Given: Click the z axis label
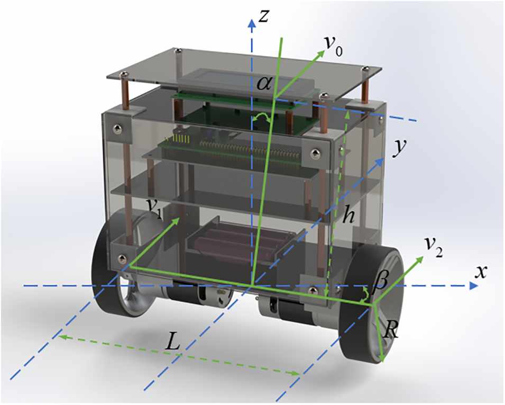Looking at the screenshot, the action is pyautogui.click(x=263, y=16).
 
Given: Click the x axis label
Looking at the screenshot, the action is pyautogui.click(x=480, y=273).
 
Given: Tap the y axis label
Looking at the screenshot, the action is pyautogui.click(x=399, y=148).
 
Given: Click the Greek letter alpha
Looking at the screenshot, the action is pyautogui.click(x=265, y=85).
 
